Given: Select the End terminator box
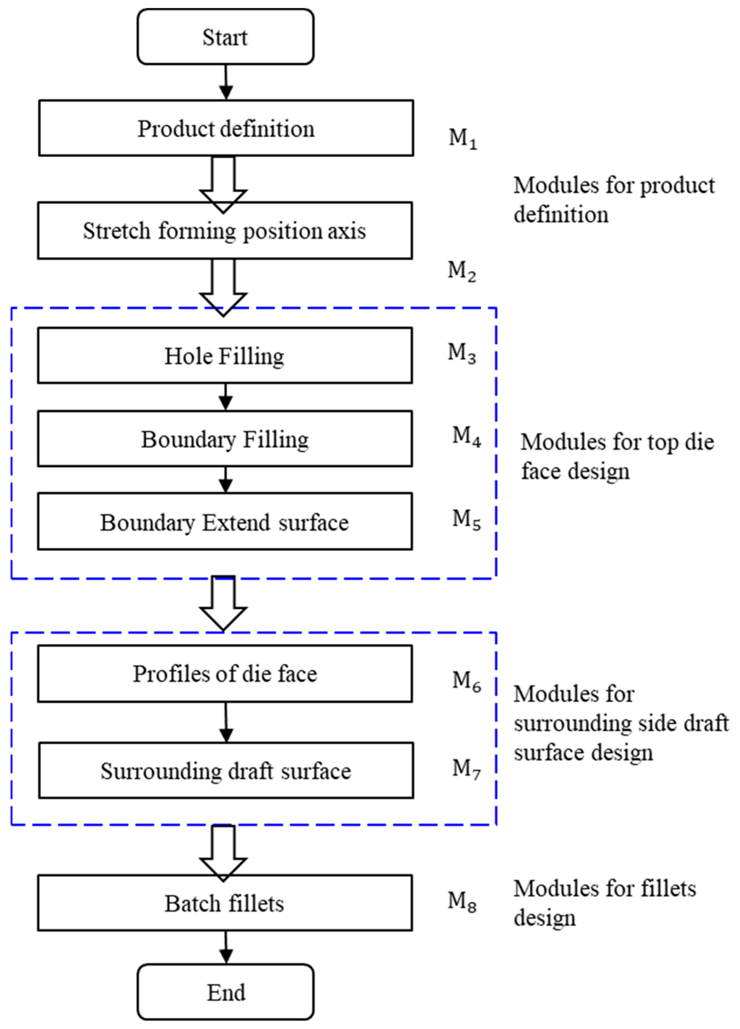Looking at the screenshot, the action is click(x=225, y=992).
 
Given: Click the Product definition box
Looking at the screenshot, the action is click(x=226, y=128).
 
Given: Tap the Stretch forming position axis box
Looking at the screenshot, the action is click(x=225, y=230).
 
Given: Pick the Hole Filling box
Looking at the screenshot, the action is click(x=225, y=356).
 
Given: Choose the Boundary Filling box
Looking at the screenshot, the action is click(x=225, y=439).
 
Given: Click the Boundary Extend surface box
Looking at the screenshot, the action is click(x=225, y=522).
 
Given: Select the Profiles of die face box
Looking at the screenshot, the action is click(x=225, y=674).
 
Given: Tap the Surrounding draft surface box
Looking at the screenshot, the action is click(x=226, y=770).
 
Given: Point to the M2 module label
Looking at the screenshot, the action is click(x=462, y=271).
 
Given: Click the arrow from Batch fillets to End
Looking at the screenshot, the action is click(x=226, y=947).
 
